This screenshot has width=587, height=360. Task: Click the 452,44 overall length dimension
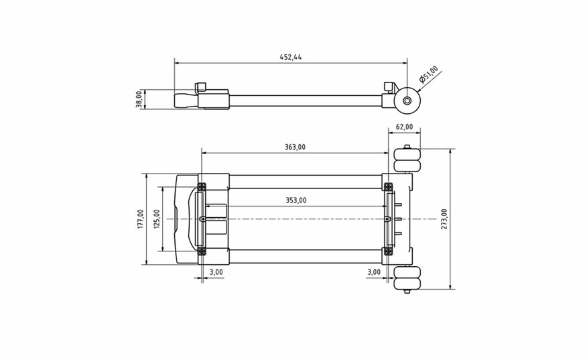click(291, 57)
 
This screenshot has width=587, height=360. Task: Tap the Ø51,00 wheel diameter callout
click(429, 74)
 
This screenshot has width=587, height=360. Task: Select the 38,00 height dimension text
click(139, 99)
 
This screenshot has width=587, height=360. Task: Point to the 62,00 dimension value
click(405, 127)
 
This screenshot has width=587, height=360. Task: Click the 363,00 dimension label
click(295, 147)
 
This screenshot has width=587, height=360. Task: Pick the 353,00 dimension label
click(296, 200)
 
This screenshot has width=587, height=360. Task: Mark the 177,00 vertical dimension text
click(141, 219)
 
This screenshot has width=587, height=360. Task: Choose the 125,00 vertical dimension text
click(157, 219)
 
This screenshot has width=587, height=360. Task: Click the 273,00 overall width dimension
click(444, 219)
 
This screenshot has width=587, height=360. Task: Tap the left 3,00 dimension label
click(216, 272)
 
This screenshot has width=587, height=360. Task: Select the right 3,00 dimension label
click(374, 272)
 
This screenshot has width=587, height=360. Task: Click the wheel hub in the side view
click(407, 101)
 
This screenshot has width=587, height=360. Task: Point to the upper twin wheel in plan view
click(407, 160)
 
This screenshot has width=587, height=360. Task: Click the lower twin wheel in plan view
click(407, 278)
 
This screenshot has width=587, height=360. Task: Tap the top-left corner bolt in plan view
click(202, 186)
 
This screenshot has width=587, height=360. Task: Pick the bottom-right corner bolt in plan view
click(389, 252)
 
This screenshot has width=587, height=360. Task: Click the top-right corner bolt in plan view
click(389, 186)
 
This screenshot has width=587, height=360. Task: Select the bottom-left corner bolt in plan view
click(202, 252)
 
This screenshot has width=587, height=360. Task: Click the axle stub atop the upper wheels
click(407, 146)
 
